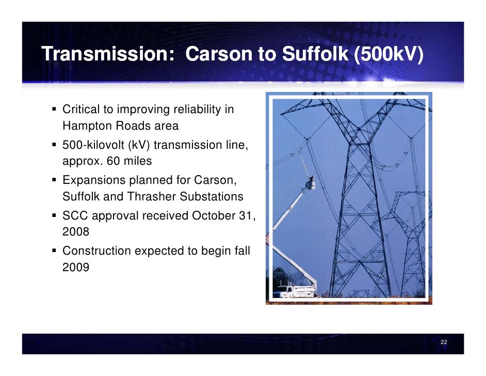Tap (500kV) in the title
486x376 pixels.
(x=388, y=54)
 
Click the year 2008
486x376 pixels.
(x=75, y=232)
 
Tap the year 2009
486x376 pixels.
(x=75, y=268)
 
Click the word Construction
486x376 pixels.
(x=96, y=251)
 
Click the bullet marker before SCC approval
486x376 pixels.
(x=55, y=215)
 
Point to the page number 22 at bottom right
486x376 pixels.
(x=444, y=343)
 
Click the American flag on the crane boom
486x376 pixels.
(x=267, y=238)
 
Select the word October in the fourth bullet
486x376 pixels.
(x=210, y=215)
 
